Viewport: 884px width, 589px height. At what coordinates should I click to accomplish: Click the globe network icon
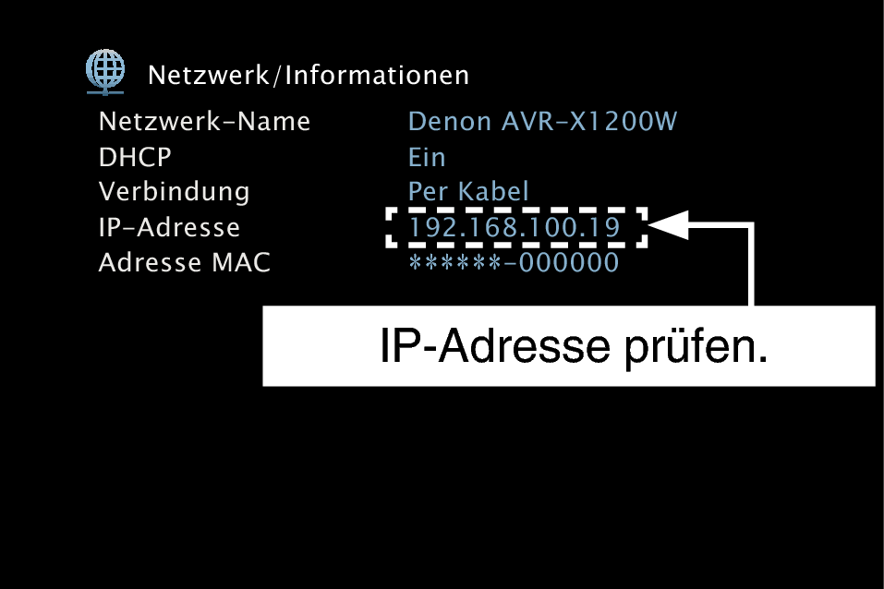pos(105,72)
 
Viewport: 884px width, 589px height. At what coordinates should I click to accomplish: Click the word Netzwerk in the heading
pos(209,76)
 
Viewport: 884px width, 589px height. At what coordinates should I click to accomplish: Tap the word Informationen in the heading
pos(377,76)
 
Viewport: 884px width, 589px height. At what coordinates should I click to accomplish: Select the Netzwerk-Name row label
pos(205,121)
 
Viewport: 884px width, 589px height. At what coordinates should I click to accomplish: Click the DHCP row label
pos(135,157)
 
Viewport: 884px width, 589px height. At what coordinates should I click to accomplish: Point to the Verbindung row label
pos(175,192)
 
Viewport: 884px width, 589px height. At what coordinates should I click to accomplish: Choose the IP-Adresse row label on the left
pos(170,227)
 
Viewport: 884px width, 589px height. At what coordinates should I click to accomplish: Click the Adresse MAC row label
pos(185,263)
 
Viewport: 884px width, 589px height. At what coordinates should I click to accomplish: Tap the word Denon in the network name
pos(450,121)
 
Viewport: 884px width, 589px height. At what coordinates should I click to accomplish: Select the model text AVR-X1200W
pos(589,121)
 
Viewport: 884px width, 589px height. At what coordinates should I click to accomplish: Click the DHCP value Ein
pos(427,157)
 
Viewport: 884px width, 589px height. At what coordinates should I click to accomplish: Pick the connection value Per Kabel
pos(468,192)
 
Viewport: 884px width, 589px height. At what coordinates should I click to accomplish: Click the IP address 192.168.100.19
pos(515,227)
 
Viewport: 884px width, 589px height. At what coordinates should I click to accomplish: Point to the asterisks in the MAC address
pos(454,262)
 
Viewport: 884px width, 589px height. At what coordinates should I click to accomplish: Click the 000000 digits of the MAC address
pos(569,263)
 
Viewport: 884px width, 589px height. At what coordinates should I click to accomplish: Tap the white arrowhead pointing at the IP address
pos(669,225)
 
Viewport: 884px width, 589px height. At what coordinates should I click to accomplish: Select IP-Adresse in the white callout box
pos(495,345)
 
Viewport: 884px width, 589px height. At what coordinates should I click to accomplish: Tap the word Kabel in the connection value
pos(493,192)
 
